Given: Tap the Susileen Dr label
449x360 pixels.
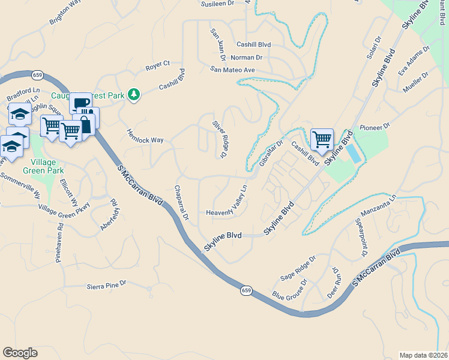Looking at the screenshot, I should pos(217,3).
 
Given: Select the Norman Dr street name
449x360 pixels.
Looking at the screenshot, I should pos(247,58).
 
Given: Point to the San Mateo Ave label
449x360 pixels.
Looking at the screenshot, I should pos(233,70).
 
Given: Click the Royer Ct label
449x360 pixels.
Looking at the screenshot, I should pos(158,63).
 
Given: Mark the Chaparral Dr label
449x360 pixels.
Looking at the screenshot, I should pos(181,202).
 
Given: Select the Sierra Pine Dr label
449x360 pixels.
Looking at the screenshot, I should pos(107,283).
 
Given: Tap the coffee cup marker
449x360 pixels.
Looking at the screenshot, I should pos(80,102).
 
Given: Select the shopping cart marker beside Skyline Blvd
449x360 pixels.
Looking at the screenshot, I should pos(322,139).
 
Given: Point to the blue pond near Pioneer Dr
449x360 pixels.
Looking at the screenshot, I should pos(355,152).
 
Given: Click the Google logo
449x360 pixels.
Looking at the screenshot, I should pos(20,353).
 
